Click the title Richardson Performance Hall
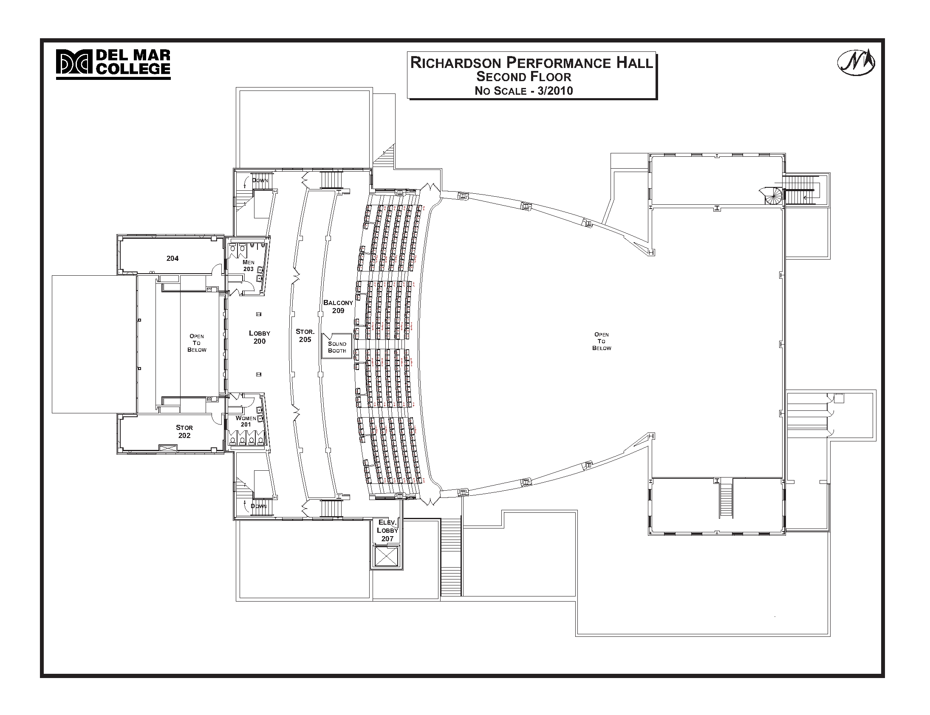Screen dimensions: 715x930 [531, 63]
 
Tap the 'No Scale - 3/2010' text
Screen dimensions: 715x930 [523, 90]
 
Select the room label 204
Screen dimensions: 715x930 [172, 258]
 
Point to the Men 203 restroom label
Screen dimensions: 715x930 [249, 266]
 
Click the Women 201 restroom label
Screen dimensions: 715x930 [246, 421]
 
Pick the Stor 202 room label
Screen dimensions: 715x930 [184, 432]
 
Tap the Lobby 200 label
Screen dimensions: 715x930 [260, 337]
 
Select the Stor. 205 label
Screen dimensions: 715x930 [305, 335]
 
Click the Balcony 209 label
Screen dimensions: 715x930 [338, 306]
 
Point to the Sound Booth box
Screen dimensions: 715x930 [336, 347]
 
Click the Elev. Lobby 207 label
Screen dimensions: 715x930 [387, 531]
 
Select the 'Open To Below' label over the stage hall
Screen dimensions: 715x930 [602, 341]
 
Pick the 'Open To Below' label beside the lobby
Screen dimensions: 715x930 [197, 343]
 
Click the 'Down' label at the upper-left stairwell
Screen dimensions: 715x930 [260, 181]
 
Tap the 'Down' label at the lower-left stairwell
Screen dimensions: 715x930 [258, 506]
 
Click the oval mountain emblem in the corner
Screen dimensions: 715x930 [856, 62]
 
